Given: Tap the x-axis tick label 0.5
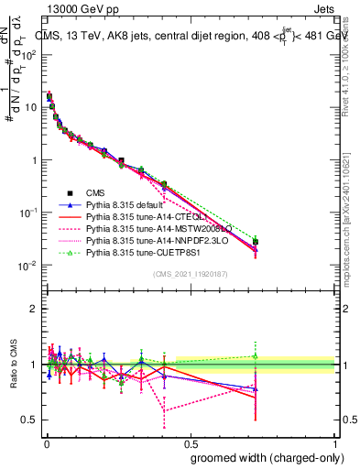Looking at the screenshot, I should pyautogui.click(x=190, y=441).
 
